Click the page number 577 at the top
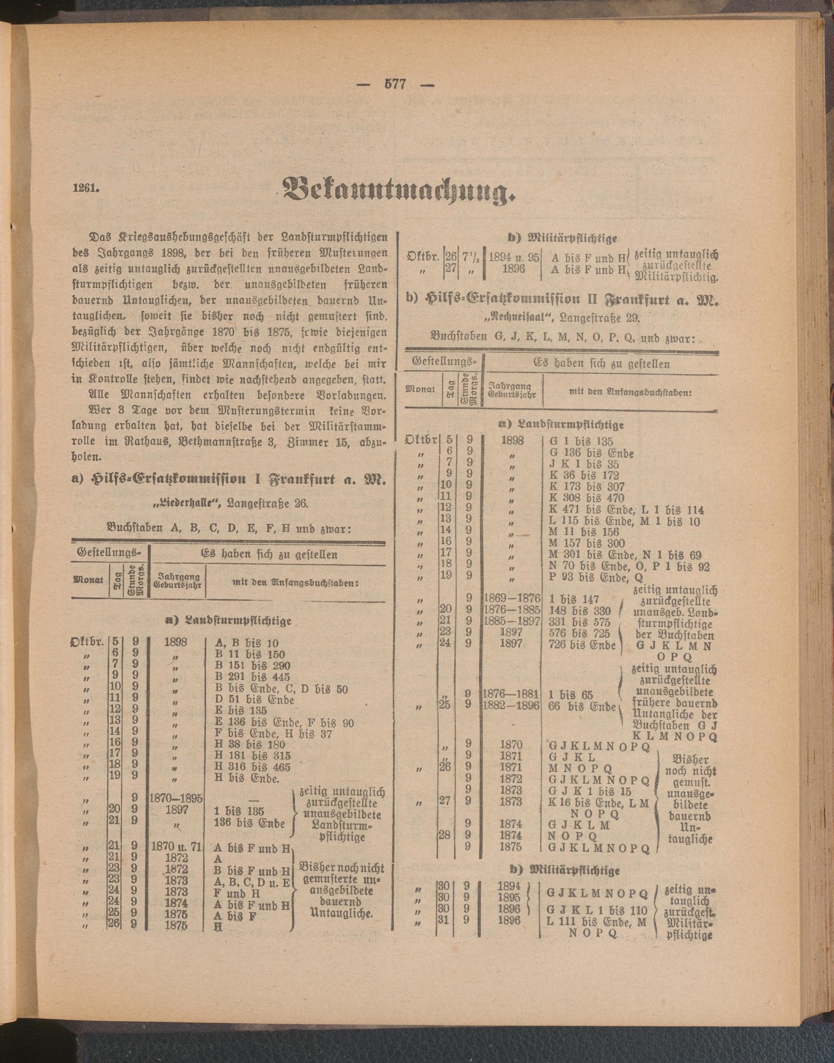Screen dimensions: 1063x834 tap(395, 84)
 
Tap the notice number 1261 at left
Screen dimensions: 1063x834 tap(86, 189)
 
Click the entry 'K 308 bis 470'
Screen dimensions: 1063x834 tap(586, 498)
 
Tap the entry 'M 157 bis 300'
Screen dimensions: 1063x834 tap(586, 543)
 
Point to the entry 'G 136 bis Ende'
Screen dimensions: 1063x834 tap(591, 453)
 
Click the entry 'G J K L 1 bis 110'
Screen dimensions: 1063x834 tap(597, 910)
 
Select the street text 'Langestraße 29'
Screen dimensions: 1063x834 tap(600, 317)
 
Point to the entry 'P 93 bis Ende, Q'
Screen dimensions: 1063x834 tap(589, 577)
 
